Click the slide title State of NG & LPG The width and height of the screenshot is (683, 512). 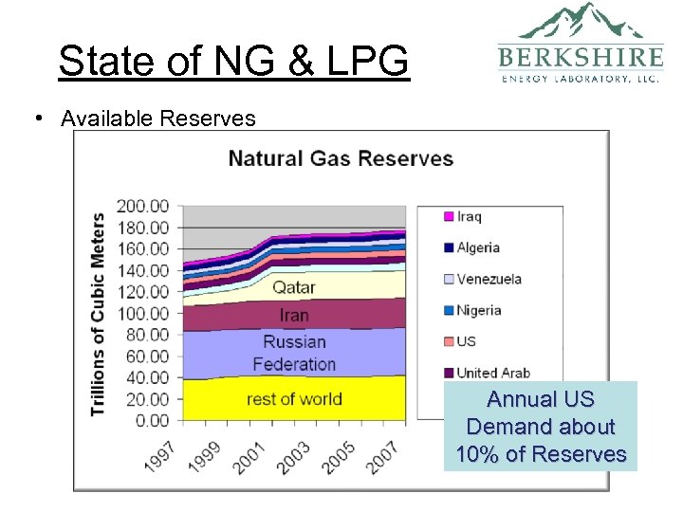tap(233, 62)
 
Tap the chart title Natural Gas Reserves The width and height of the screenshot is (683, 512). tap(341, 157)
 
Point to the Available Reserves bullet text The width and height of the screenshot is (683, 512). tap(157, 119)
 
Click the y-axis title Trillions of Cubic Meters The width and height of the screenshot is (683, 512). tap(98, 314)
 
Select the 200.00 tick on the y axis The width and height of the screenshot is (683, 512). tap(142, 206)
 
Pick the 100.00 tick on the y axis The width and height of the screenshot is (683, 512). tap(142, 313)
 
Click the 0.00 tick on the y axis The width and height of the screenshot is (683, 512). tap(150, 420)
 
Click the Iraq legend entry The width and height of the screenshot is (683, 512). tap(469, 216)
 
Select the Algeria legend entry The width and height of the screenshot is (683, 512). tap(477, 247)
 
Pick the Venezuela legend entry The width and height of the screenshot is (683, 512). tap(489, 279)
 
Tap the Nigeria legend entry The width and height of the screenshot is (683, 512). tap(478, 310)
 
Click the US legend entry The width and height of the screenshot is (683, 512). tap(466, 341)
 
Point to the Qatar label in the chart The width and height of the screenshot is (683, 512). tap(294, 286)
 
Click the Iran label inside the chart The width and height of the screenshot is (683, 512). tap(294, 315)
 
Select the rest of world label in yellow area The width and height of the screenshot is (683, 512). tap(294, 398)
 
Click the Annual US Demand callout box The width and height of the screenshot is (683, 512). tap(541, 427)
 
